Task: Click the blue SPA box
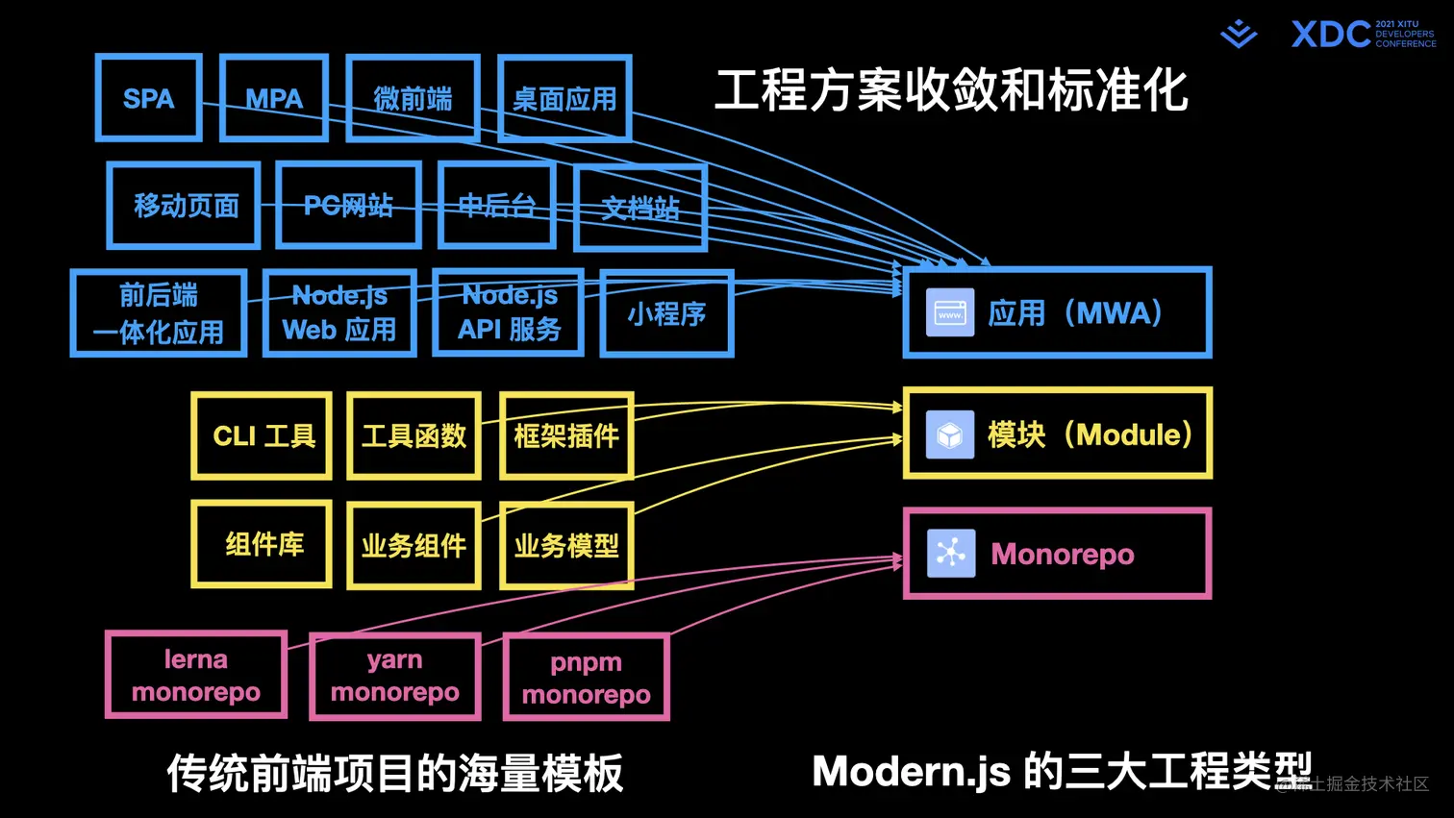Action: [149, 98]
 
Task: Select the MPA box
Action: [274, 98]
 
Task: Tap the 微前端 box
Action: [413, 98]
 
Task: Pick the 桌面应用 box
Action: [564, 98]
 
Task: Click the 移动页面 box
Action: [185, 206]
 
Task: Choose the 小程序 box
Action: [666, 314]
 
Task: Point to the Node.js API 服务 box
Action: [509, 313]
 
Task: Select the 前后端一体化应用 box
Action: [159, 314]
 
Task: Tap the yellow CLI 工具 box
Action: [263, 436]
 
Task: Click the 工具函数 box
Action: [414, 436]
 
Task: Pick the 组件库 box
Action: [263, 544]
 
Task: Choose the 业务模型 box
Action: [566, 546]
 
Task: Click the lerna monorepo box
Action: [196, 676]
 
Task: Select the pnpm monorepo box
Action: [586, 679]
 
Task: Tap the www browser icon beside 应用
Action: [950, 313]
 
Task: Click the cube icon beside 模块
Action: [950, 434]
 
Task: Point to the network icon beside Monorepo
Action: [950, 554]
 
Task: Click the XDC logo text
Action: [1331, 35]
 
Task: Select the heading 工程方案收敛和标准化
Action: [951, 90]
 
